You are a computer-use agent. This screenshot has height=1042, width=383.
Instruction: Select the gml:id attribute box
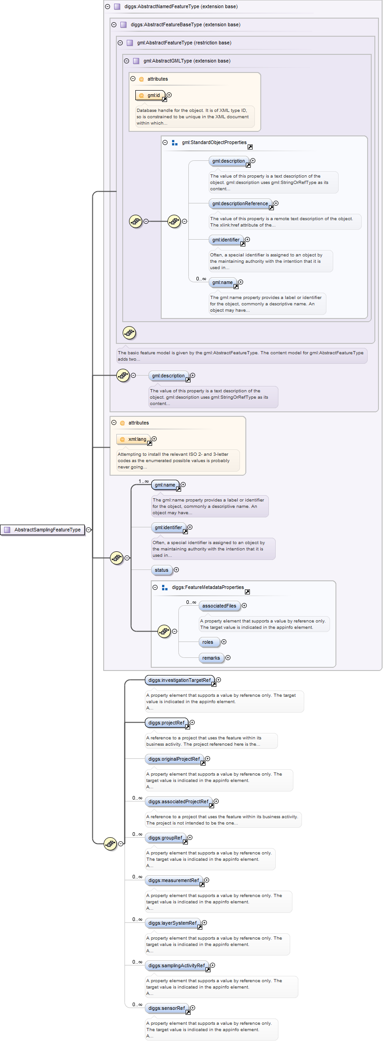pos(151,95)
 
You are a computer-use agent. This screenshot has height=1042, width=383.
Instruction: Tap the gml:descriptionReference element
pos(240,204)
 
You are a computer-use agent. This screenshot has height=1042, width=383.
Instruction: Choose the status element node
pos(162,570)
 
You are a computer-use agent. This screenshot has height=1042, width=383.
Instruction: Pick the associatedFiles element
pos(219,606)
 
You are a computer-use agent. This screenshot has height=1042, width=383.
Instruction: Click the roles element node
pos(208,642)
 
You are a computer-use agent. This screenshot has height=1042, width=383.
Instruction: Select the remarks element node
pos(211,658)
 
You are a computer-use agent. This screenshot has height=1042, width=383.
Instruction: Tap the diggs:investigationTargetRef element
pos(179,680)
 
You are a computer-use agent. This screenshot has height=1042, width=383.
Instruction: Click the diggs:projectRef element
pos(166,723)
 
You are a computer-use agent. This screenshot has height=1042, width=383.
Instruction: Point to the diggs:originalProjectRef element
pos(174,759)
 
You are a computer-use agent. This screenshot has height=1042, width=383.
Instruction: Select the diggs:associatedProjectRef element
pos(178,801)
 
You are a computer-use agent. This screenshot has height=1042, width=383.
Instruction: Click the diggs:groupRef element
pos(165,838)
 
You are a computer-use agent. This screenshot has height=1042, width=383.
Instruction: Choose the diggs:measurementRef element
pos(173,880)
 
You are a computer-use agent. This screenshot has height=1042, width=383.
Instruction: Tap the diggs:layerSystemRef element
pos(172,923)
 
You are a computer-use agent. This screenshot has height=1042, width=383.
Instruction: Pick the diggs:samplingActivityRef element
pos(177,965)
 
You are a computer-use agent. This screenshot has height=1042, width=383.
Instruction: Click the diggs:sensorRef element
pos(167,1008)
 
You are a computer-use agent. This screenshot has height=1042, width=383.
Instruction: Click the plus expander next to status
pos(177,570)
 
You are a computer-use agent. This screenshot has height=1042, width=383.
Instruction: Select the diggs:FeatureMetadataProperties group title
pos(208,587)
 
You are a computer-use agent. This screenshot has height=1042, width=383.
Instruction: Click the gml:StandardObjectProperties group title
pos(214,142)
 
